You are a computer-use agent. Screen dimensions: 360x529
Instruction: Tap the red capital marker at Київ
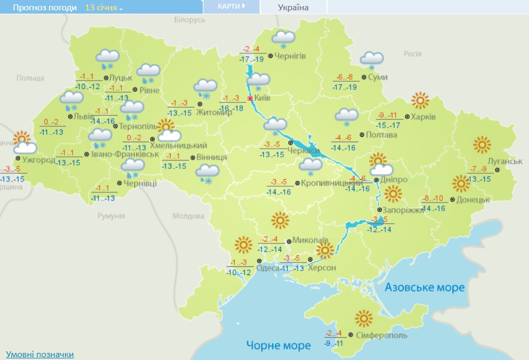tap(250, 99)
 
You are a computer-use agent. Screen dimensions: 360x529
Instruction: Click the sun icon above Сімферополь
tap(364, 318)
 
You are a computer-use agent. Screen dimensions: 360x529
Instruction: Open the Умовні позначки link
tap(40, 355)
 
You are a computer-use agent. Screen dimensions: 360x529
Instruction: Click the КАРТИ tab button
tap(231, 7)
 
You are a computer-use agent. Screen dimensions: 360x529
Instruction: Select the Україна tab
tap(293, 7)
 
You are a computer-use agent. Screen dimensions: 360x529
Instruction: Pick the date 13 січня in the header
tap(103, 8)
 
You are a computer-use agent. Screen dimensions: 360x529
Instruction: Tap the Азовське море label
tap(425, 287)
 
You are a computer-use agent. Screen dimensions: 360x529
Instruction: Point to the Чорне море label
tap(278, 345)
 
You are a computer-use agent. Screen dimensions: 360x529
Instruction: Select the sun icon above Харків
tap(420, 101)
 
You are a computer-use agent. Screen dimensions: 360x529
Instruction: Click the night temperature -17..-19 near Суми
tap(345, 87)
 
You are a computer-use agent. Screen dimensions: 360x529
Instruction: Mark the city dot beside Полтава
tap(362, 135)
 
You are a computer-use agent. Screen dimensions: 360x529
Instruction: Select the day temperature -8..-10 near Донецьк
tap(434, 198)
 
